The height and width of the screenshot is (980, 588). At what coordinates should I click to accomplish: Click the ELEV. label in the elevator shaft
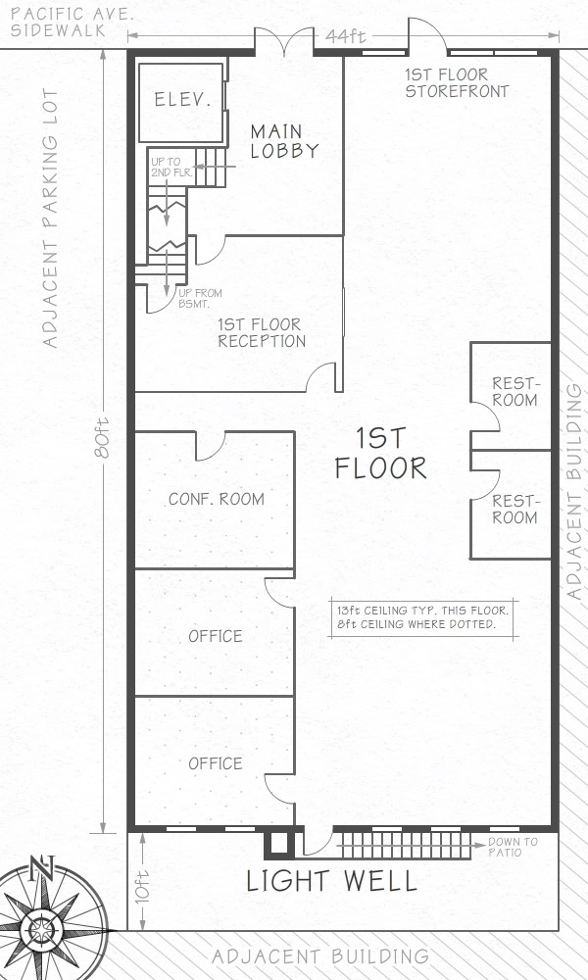(x=182, y=99)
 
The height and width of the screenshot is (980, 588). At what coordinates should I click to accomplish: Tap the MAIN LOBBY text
(x=284, y=141)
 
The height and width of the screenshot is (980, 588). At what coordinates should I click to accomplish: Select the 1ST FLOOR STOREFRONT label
(x=457, y=83)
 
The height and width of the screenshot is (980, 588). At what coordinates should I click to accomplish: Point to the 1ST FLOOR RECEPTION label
(x=262, y=333)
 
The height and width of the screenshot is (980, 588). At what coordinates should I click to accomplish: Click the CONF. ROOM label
(x=217, y=500)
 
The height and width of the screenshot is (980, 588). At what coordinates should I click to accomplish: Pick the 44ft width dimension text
(x=346, y=36)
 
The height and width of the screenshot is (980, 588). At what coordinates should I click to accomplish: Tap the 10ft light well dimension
(x=142, y=884)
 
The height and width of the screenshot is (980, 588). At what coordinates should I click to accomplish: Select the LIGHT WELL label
(x=332, y=881)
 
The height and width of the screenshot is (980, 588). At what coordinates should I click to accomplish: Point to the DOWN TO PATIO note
(x=513, y=847)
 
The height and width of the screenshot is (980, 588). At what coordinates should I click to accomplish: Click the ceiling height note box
(x=423, y=617)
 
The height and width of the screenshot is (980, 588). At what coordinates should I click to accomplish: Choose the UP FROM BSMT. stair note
(x=200, y=298)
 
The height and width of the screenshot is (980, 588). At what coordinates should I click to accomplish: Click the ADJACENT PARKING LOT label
(x=50, y=219)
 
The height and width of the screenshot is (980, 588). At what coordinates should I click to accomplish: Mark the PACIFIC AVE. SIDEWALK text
(x=73, y=23)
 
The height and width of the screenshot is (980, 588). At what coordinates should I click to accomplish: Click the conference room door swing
(x=211, y=450)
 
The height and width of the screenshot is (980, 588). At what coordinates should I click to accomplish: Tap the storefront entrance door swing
(x=427, y=34)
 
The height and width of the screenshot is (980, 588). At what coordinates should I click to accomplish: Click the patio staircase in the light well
(x=405, y=845)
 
